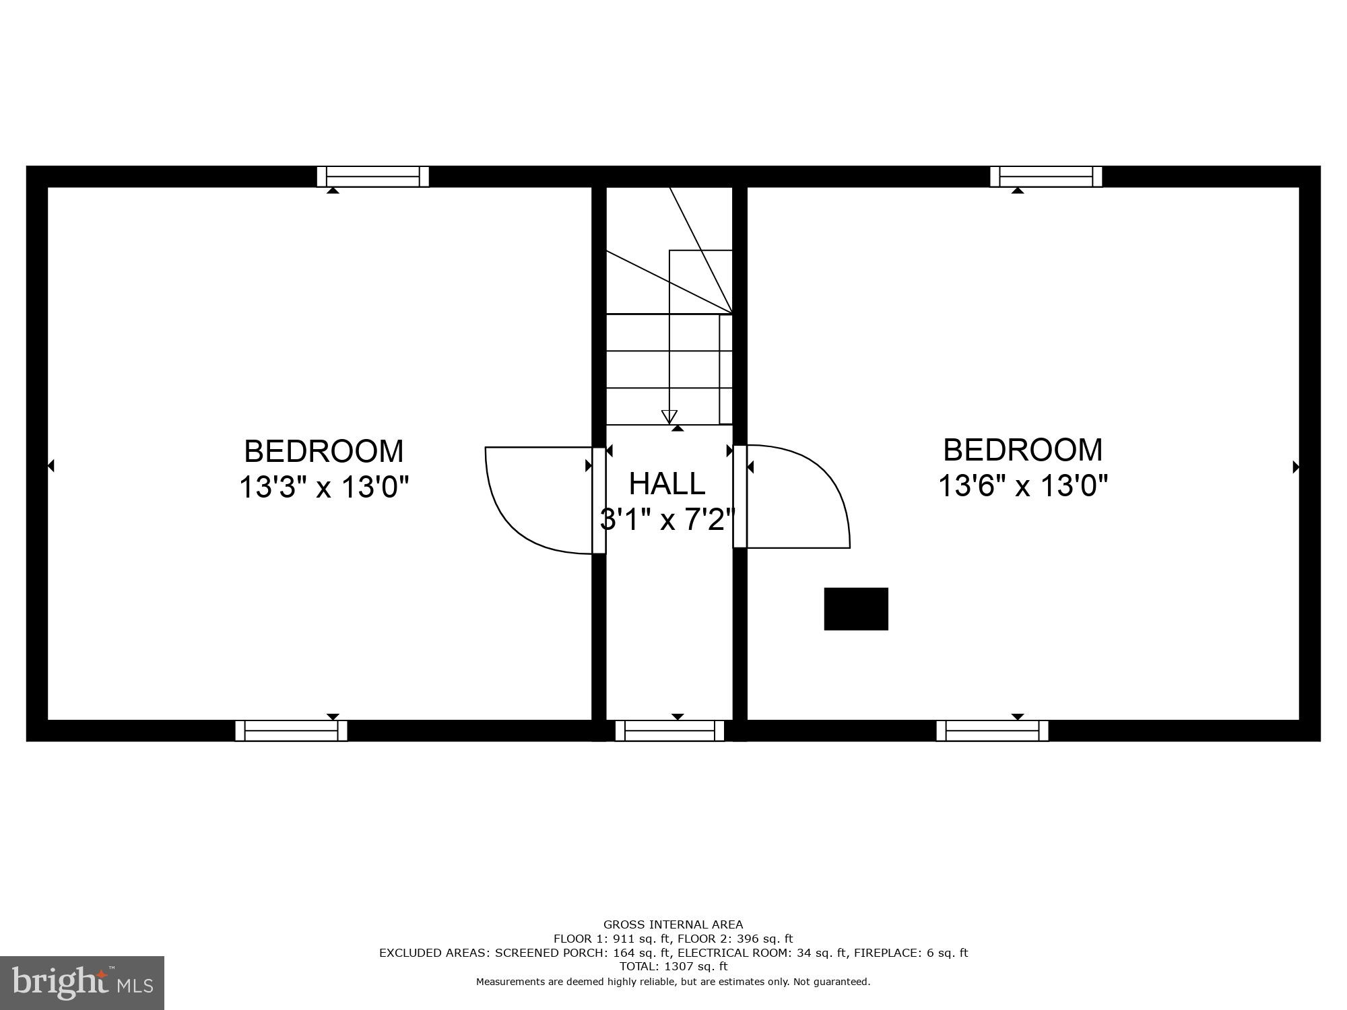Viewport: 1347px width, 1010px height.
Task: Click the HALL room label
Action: point(667,483)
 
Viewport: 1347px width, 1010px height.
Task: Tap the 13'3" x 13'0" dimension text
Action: point(324,486)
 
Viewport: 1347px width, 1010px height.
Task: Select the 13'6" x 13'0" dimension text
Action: point(1023,485)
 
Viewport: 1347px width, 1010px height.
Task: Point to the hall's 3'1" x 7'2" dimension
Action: point(667,519)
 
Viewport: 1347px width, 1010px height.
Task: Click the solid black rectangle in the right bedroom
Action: point(856,609)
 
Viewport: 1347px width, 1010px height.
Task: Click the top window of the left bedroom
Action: point(373,176)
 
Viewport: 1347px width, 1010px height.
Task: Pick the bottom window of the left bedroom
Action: point(291,731)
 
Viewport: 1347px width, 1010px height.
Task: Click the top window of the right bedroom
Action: point(1046,176)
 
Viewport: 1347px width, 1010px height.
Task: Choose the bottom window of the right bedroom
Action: point(992,731)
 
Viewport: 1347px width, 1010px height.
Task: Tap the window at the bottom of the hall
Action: point(669,731)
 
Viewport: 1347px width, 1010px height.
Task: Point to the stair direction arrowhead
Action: point(669,416)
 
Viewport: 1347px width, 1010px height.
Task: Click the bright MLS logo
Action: point(82,982)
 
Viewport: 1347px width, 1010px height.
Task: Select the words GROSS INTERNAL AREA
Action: point(673,924)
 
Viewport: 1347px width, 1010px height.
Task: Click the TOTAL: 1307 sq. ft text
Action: point(673,966)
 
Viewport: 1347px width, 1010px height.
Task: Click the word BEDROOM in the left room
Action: point(324,451)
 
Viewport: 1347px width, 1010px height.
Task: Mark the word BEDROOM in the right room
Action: point(1023,450)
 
